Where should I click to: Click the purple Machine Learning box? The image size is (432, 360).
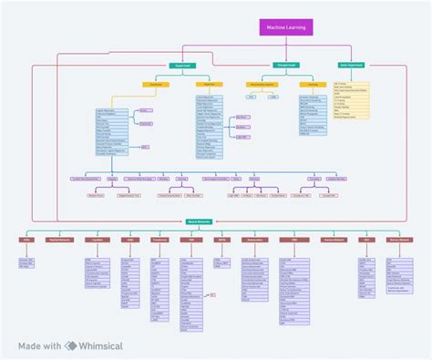[286, 28]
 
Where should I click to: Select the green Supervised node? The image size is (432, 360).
[180, 66]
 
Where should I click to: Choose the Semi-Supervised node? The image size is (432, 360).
[352, 66]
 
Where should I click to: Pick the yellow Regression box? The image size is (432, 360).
[209, 85]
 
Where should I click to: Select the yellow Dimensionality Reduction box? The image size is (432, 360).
[262, 85]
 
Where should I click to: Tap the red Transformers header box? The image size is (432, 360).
[159, 240]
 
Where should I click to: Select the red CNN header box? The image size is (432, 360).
[190, 240]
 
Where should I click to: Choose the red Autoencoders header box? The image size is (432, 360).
[254, 240]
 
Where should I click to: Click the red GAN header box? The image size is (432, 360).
[288, 240]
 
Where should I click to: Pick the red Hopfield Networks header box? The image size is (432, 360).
[60, 240]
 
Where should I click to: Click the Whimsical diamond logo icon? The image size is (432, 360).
[70, 346]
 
